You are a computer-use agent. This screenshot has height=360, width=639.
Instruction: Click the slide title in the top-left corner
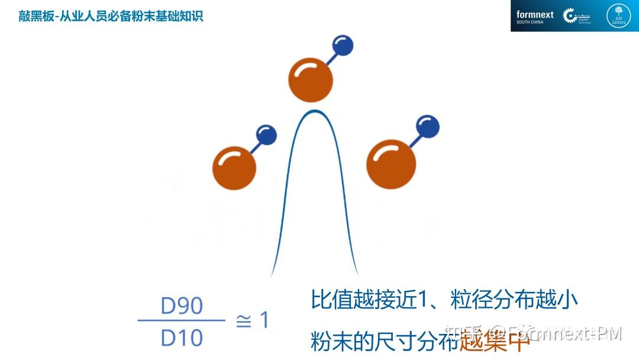click(111, 16)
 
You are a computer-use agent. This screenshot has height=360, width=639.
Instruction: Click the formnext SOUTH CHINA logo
click(534, 17)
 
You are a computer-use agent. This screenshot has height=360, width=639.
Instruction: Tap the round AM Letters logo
click(618, 16)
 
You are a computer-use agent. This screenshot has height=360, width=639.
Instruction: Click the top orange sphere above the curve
click(311, 81)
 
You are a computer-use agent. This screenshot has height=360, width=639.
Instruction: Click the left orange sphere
click(234, 168)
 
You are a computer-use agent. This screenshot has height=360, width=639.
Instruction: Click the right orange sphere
click(391, 164)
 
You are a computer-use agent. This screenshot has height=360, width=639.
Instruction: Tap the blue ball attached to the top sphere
click(343, 46)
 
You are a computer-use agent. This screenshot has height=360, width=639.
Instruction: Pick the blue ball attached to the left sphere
click(267, 135)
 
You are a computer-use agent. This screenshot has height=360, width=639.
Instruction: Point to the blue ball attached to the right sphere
click(427, 126)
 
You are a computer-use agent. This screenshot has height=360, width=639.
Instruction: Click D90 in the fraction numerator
click(182, 306)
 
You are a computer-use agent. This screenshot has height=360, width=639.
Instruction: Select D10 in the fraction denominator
click(182, 338)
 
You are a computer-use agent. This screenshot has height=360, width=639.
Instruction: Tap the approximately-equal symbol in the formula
click(243, 322)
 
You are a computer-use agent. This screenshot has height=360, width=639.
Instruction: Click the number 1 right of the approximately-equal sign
click(264, 320)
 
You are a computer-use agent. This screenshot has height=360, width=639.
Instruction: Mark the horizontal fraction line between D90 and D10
click(182, 322)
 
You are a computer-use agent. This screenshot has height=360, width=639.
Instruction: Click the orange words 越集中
click(493, 342)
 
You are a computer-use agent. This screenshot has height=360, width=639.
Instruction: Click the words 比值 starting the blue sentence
click(330, 300)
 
